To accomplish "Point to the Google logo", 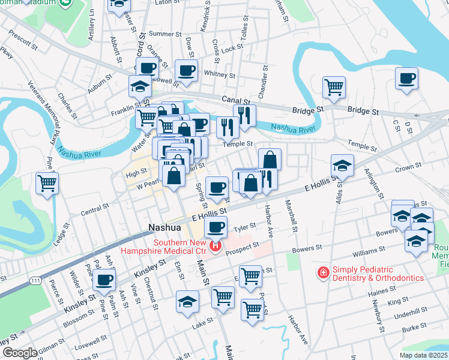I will pyautogui.click(x=20, y=353).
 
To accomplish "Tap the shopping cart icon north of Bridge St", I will pyautogui.click(x=334, y=86).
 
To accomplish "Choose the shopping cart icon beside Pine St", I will pyautogui.click(x=47, y=182).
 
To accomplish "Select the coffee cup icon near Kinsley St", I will pyautogui.click(x=105, y=279).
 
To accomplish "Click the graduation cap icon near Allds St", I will pyautogui.click(x=342, y=165).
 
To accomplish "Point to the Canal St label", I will pyautogui.click(x=235, y=100).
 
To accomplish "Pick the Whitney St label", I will pyautogui.click(x=219, y=75).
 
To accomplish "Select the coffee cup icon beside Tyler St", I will pyautogui.click(x=215, y=227).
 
